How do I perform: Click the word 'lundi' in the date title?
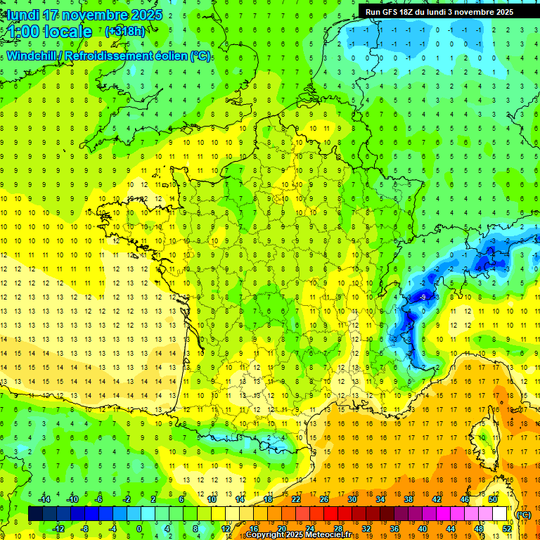pyautogui.click(x=22, y=15)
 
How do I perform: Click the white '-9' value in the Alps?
pyautogui.click(x=421, y=297)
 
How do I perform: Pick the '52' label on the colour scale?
pyautogui.click(x=506, y=529)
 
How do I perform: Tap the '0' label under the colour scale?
pyautogui.click(x=139, y=529)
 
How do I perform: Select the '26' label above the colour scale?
pyautogui.click(x=324, y=499)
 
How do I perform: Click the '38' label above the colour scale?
pyautogui.click(x=409, y=499)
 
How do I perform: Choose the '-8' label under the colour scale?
pyautogui.click(x=85, y=529)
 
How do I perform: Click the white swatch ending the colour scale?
pyautogui.click(x=500, y=514)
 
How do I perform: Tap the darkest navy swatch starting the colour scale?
pyautogui.click(x=35, y=514)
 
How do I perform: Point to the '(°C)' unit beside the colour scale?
pyautogui.click(x=523, y=515)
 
